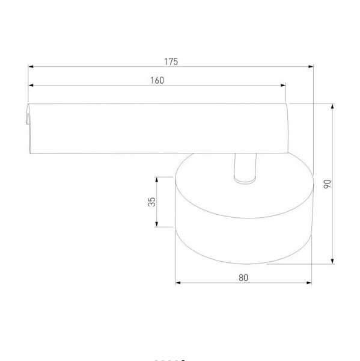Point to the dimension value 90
(x=327, y=184)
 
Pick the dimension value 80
(x=242, y=277)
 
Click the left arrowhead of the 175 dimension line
(x=31, y=67)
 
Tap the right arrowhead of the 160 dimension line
(x=282, y=85)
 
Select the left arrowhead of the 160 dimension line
(x=31, y=85)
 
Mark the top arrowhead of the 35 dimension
(x=157, y=179)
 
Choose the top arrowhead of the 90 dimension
(x=332, y=106)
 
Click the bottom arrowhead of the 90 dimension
(x=332, y=261)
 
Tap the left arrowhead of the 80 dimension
(x=178, y=282)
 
